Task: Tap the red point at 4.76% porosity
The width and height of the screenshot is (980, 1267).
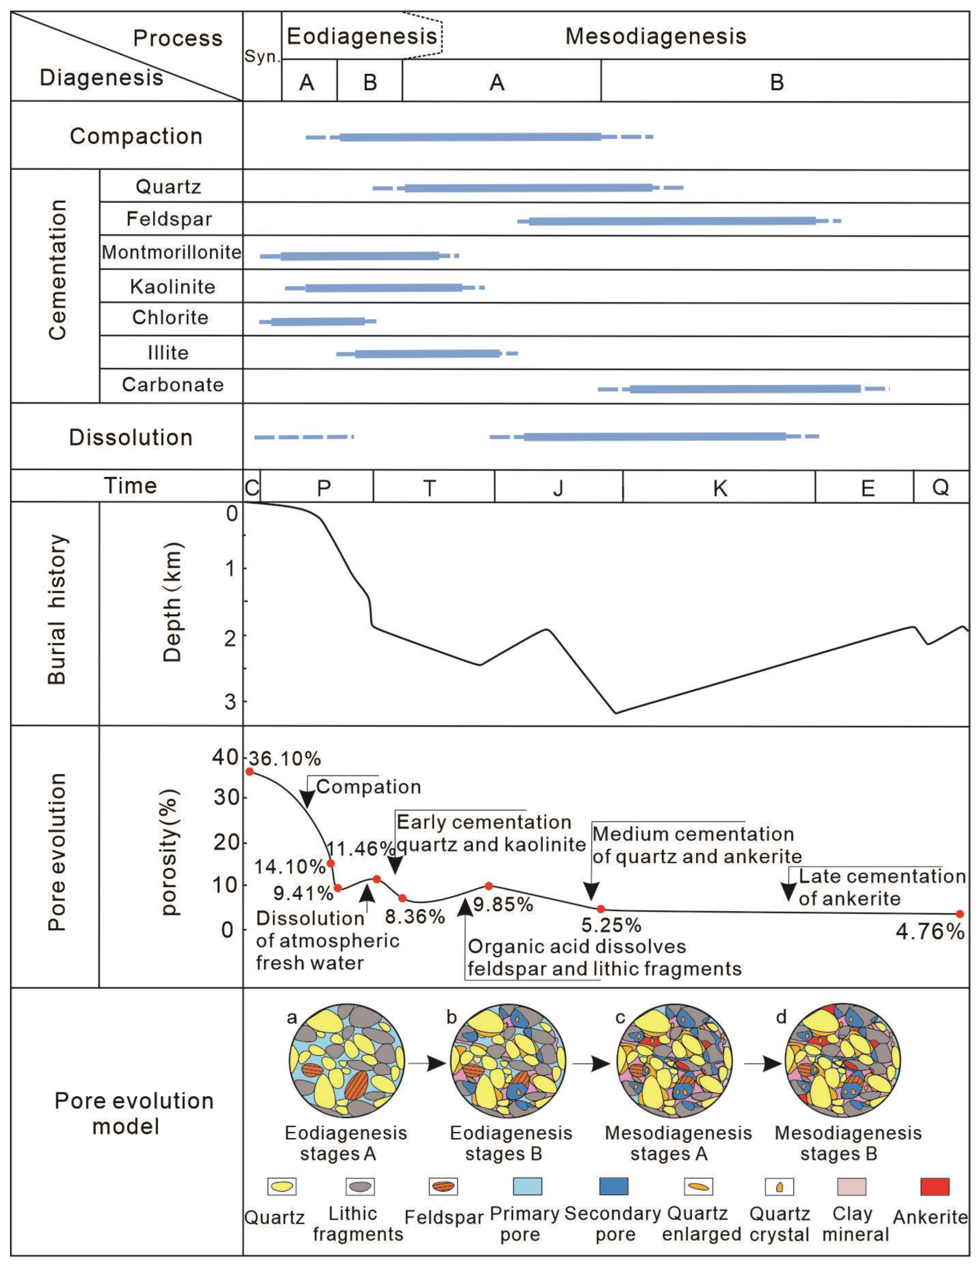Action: coord(960,914)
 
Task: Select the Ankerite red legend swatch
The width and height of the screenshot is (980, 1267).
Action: coord(935,1186)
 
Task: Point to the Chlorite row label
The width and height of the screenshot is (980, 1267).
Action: coord(170,318)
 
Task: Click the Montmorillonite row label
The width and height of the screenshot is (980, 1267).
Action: coord(171,252)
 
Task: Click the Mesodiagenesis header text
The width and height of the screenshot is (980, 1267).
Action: coord(656,36)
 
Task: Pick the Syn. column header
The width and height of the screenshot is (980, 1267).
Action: coord(262,57)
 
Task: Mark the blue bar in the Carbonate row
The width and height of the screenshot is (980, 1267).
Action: coord(745,389)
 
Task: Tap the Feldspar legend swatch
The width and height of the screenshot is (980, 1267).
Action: coord(443,1186)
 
